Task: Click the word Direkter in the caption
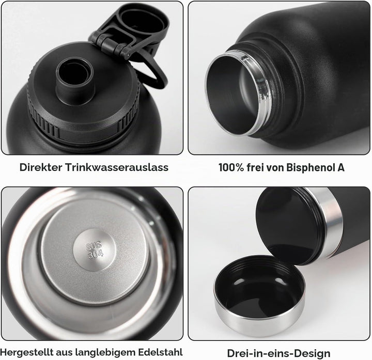tap(41, 167)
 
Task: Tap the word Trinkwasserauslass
tap(117, 167)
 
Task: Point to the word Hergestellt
tap(26, 352)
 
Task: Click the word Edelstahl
tap(160, 352)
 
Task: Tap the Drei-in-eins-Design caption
tap(279, 353)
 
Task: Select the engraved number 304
tap(96, 254)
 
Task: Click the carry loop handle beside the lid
tap(160, 79)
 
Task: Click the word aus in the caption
tap(64, 352)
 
